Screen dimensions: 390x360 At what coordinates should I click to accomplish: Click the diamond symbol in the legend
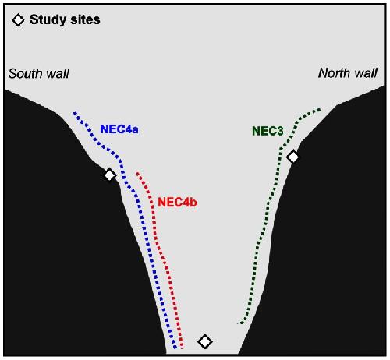(18, 20)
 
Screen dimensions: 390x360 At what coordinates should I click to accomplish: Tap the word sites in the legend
(85, 19)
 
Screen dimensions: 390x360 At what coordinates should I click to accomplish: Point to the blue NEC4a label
(119, 129)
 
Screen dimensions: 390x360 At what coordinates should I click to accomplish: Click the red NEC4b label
(177, 202)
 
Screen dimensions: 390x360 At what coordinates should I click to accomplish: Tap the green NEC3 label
(268, 131)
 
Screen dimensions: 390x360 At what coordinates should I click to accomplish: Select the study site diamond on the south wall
(110, 175)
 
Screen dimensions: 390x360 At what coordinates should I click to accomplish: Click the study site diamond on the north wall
(293, 157)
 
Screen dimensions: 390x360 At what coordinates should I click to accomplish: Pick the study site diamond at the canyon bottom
(205, 341)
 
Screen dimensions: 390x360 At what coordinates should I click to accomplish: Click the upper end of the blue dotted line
(75, 113)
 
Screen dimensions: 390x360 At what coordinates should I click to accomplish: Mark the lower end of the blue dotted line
(175, 348)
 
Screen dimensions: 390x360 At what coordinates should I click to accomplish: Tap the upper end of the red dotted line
(137, 173)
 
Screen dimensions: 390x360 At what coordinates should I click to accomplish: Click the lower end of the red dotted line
(182, 348)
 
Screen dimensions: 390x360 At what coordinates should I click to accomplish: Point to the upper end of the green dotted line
(320, 110)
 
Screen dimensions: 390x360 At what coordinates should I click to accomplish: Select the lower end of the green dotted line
(241, 323)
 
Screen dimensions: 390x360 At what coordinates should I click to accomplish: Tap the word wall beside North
(365, 73)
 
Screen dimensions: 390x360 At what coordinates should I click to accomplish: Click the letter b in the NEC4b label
(193, 202)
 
